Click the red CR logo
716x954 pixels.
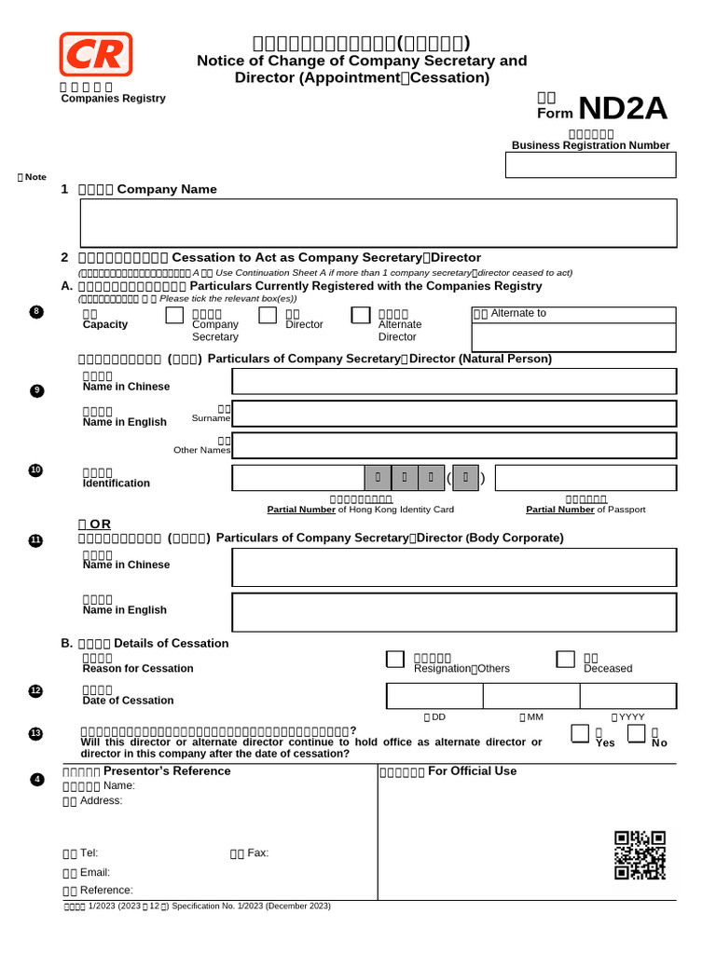(x=96, y=54)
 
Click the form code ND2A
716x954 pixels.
(x=623, y=109)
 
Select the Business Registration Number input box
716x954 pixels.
(x=590, y=165)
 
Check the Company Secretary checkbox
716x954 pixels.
(x=174, y=316)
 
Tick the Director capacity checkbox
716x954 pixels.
(x=268, y=316)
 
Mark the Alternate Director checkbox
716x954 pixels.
(x=361, y=316)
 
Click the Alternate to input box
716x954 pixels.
(x=573, y=337)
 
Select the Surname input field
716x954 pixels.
(x=454, y=414)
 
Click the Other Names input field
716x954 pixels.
(x=454, y=445)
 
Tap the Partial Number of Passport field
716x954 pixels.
(x=585, y=479)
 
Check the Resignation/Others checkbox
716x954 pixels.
(x=395, y=660)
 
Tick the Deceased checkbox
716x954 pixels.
(x=565, y=660)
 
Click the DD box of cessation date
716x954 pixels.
(x=434, y=696)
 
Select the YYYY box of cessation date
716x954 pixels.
(x=628, y=696)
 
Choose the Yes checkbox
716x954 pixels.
(x=580, y=734)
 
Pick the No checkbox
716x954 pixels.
(x=637, y=734)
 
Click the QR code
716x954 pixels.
(x=640, y=855)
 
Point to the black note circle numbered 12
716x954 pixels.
(x=35, y=690)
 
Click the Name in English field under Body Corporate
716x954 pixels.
(x=454, y=612)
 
